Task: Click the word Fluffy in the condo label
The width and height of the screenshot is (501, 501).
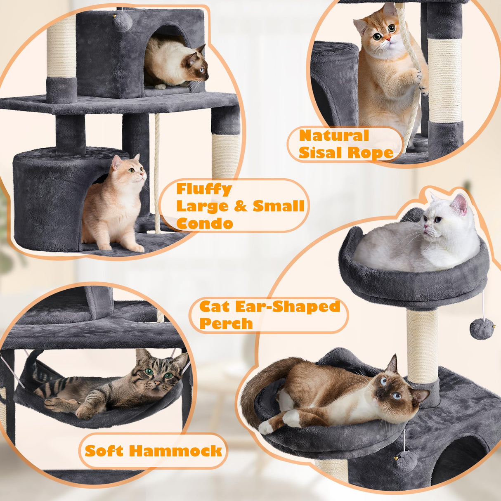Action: point(204,189)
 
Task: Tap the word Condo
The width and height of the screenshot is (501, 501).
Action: point(205,223)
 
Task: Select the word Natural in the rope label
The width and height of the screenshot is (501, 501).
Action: point(334,135)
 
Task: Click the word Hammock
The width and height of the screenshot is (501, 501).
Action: point(182,451)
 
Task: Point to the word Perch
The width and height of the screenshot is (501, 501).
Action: point(226,324)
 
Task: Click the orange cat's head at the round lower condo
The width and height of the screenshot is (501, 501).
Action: point(131,170)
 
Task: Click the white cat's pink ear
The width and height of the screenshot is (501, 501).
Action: point(459,204)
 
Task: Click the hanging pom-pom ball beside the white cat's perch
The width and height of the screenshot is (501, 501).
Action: point(481,330)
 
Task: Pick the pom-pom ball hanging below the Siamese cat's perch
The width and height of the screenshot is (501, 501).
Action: point(406,461)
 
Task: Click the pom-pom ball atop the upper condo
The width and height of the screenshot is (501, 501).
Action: point(123,21)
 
